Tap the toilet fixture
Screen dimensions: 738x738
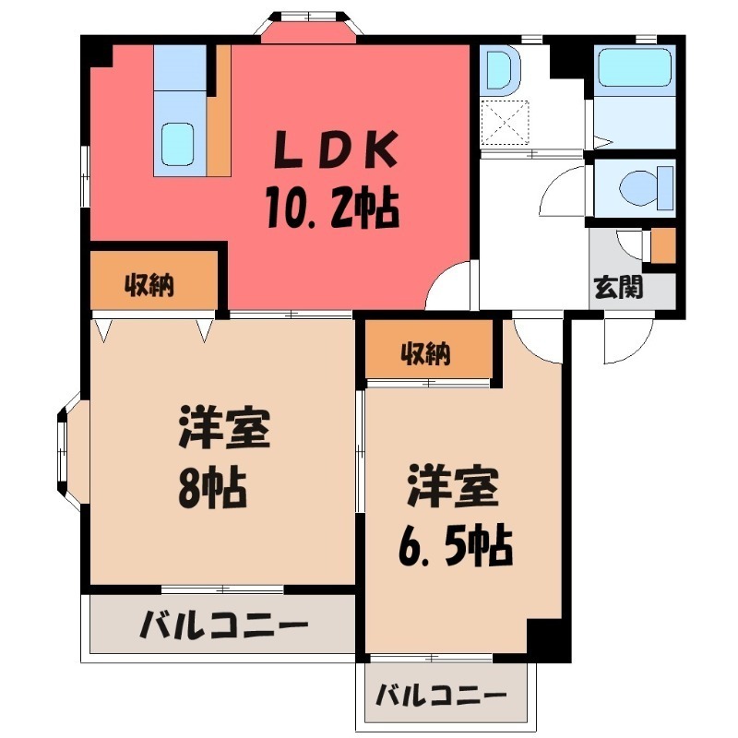[636, 189]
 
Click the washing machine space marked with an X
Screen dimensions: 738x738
[506, 122]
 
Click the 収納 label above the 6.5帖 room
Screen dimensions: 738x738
[425, 352]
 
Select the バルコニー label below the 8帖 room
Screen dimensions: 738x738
[224, 627]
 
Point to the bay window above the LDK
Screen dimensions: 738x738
[308, 25]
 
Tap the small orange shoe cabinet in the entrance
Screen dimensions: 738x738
[663, 244]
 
